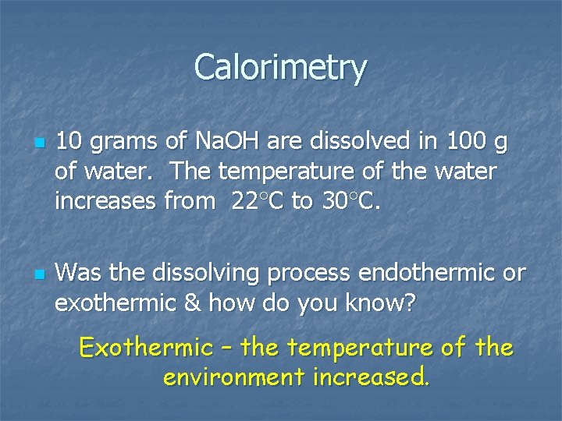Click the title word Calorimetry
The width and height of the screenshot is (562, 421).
(280, 68)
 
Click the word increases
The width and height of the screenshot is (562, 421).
(105, 201)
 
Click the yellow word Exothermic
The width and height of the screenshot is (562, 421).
(146, 346)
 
